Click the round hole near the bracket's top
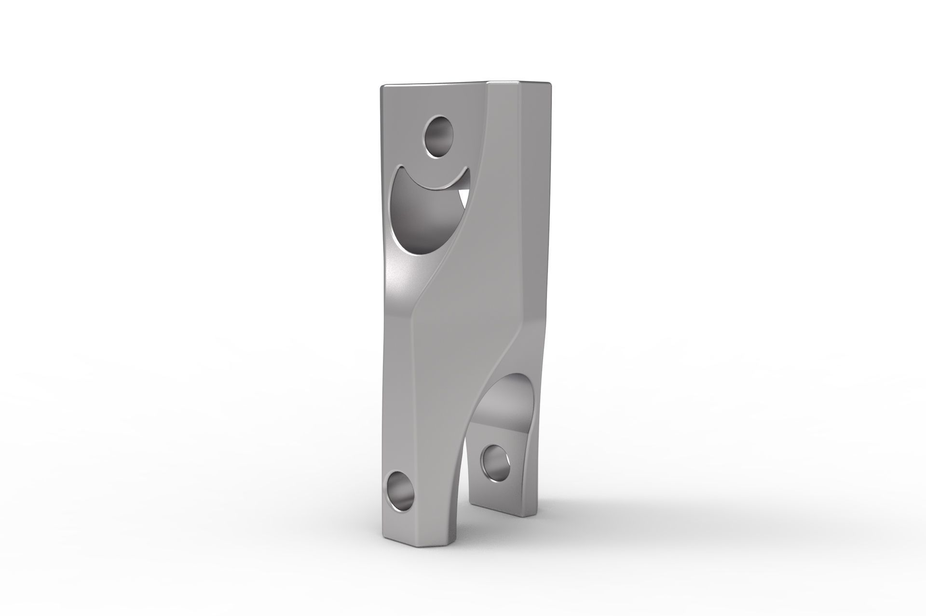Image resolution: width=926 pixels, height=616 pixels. [x=438, y=136]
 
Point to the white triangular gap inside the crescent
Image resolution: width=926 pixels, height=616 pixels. [x=463, y=198]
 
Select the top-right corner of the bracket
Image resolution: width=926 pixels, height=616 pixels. [x=548, y=83]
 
